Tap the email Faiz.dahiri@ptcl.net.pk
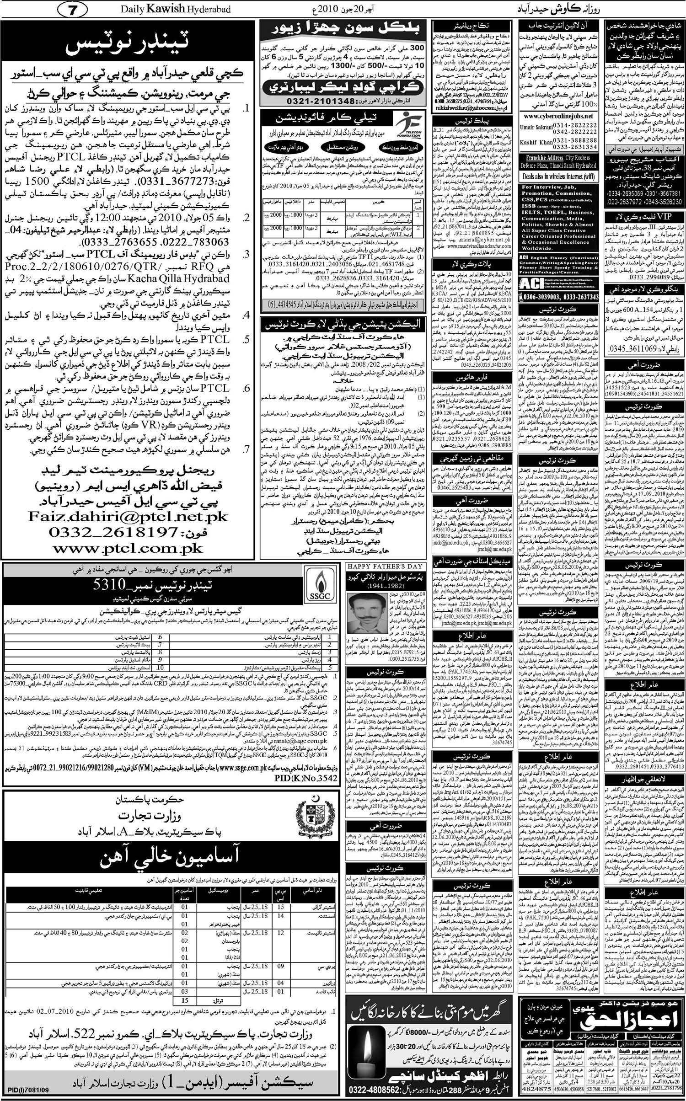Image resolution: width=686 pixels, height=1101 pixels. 128,517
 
